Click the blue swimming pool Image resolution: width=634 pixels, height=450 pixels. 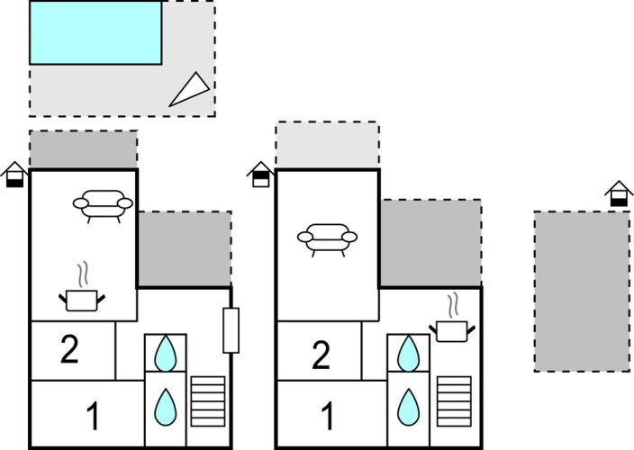pos(95,32)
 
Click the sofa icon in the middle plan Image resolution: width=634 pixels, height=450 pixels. pos(326,238)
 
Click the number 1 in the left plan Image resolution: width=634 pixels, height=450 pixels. pos(93,416)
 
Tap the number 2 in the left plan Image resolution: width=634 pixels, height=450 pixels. pos(70,349)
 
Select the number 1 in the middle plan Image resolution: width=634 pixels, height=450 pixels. pos(328,416)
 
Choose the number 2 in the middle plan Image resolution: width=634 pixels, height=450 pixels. pos(319,355)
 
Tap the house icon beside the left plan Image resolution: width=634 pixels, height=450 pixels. pos(15,174)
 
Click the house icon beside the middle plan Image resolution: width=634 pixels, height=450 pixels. pos(259,174)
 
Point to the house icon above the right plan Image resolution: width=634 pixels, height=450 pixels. pos(618,193)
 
